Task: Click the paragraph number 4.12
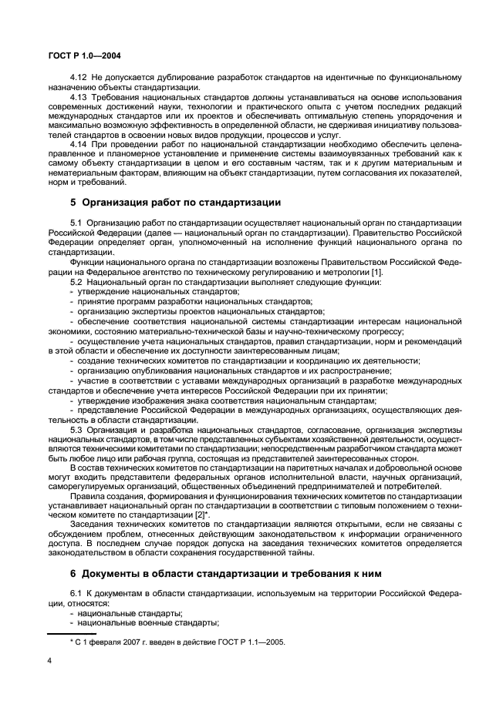tap(78, 78)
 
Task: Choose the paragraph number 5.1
tap(76, 223)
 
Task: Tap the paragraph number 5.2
tap(76, 283)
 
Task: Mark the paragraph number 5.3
tap(76, 430)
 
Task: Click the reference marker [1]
tap(376, 273)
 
